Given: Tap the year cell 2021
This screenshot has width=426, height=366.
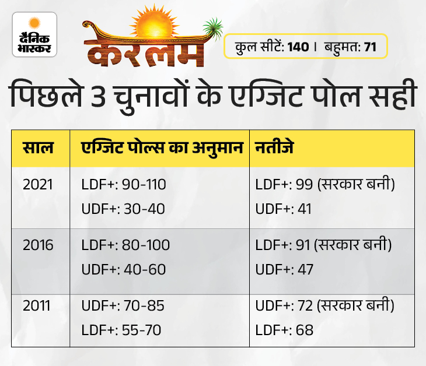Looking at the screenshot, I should [38, 185].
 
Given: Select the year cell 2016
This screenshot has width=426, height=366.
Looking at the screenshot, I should [38, 245].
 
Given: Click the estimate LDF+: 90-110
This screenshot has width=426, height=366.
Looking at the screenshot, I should [124, 185].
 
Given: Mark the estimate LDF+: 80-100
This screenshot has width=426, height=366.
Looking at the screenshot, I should [125, 245].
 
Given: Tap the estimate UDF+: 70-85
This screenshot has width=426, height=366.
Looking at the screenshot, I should [123, 305].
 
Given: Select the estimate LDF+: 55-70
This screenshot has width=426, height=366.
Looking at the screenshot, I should [121, 330].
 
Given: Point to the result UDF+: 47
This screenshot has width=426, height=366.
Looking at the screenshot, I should [285, 269].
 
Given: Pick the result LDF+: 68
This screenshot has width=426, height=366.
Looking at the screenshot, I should [284, 330].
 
